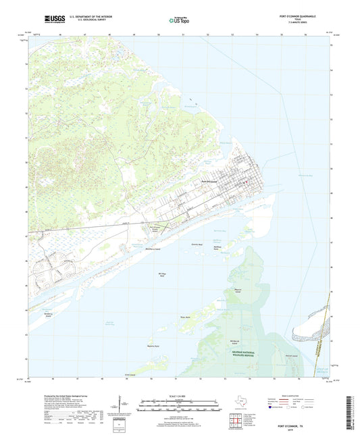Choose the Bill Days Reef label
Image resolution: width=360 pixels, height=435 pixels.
(x=162, y=275)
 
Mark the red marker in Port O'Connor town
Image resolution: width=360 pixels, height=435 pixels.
(x=249, y=182)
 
